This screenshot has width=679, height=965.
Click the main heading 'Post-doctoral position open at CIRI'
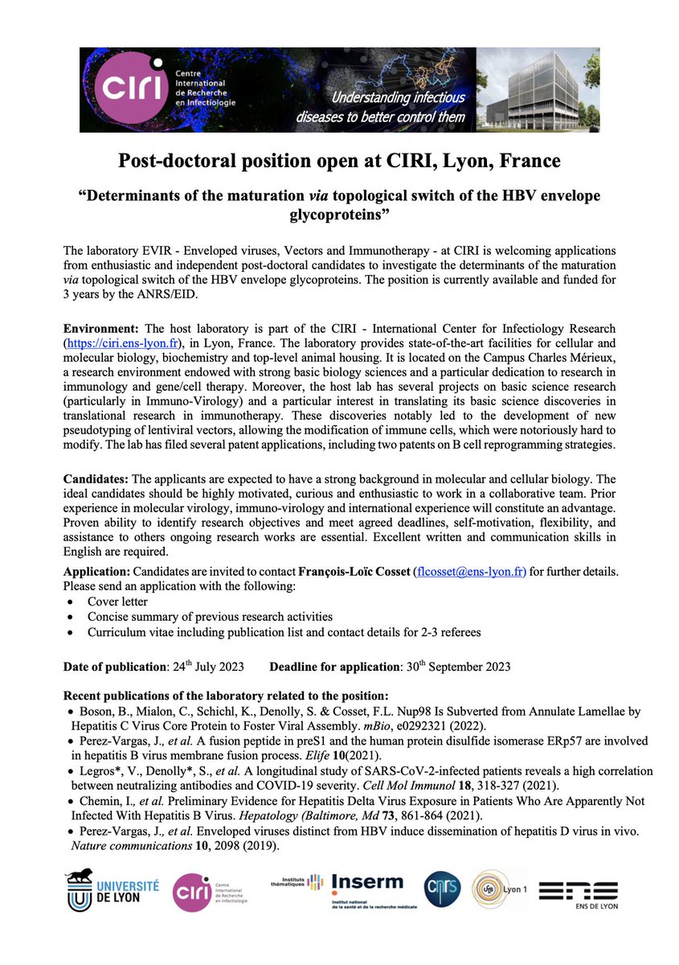coord(339,161)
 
